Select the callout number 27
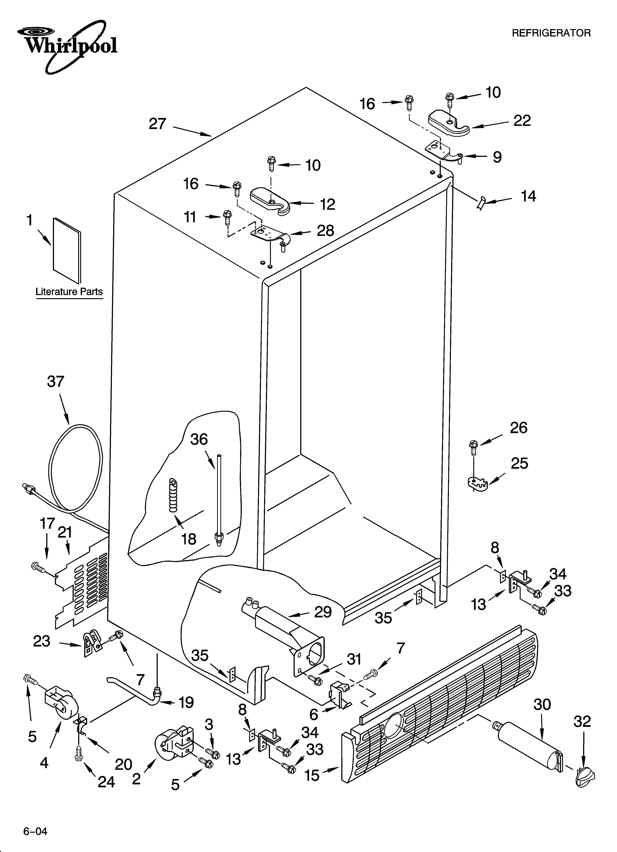157,124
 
